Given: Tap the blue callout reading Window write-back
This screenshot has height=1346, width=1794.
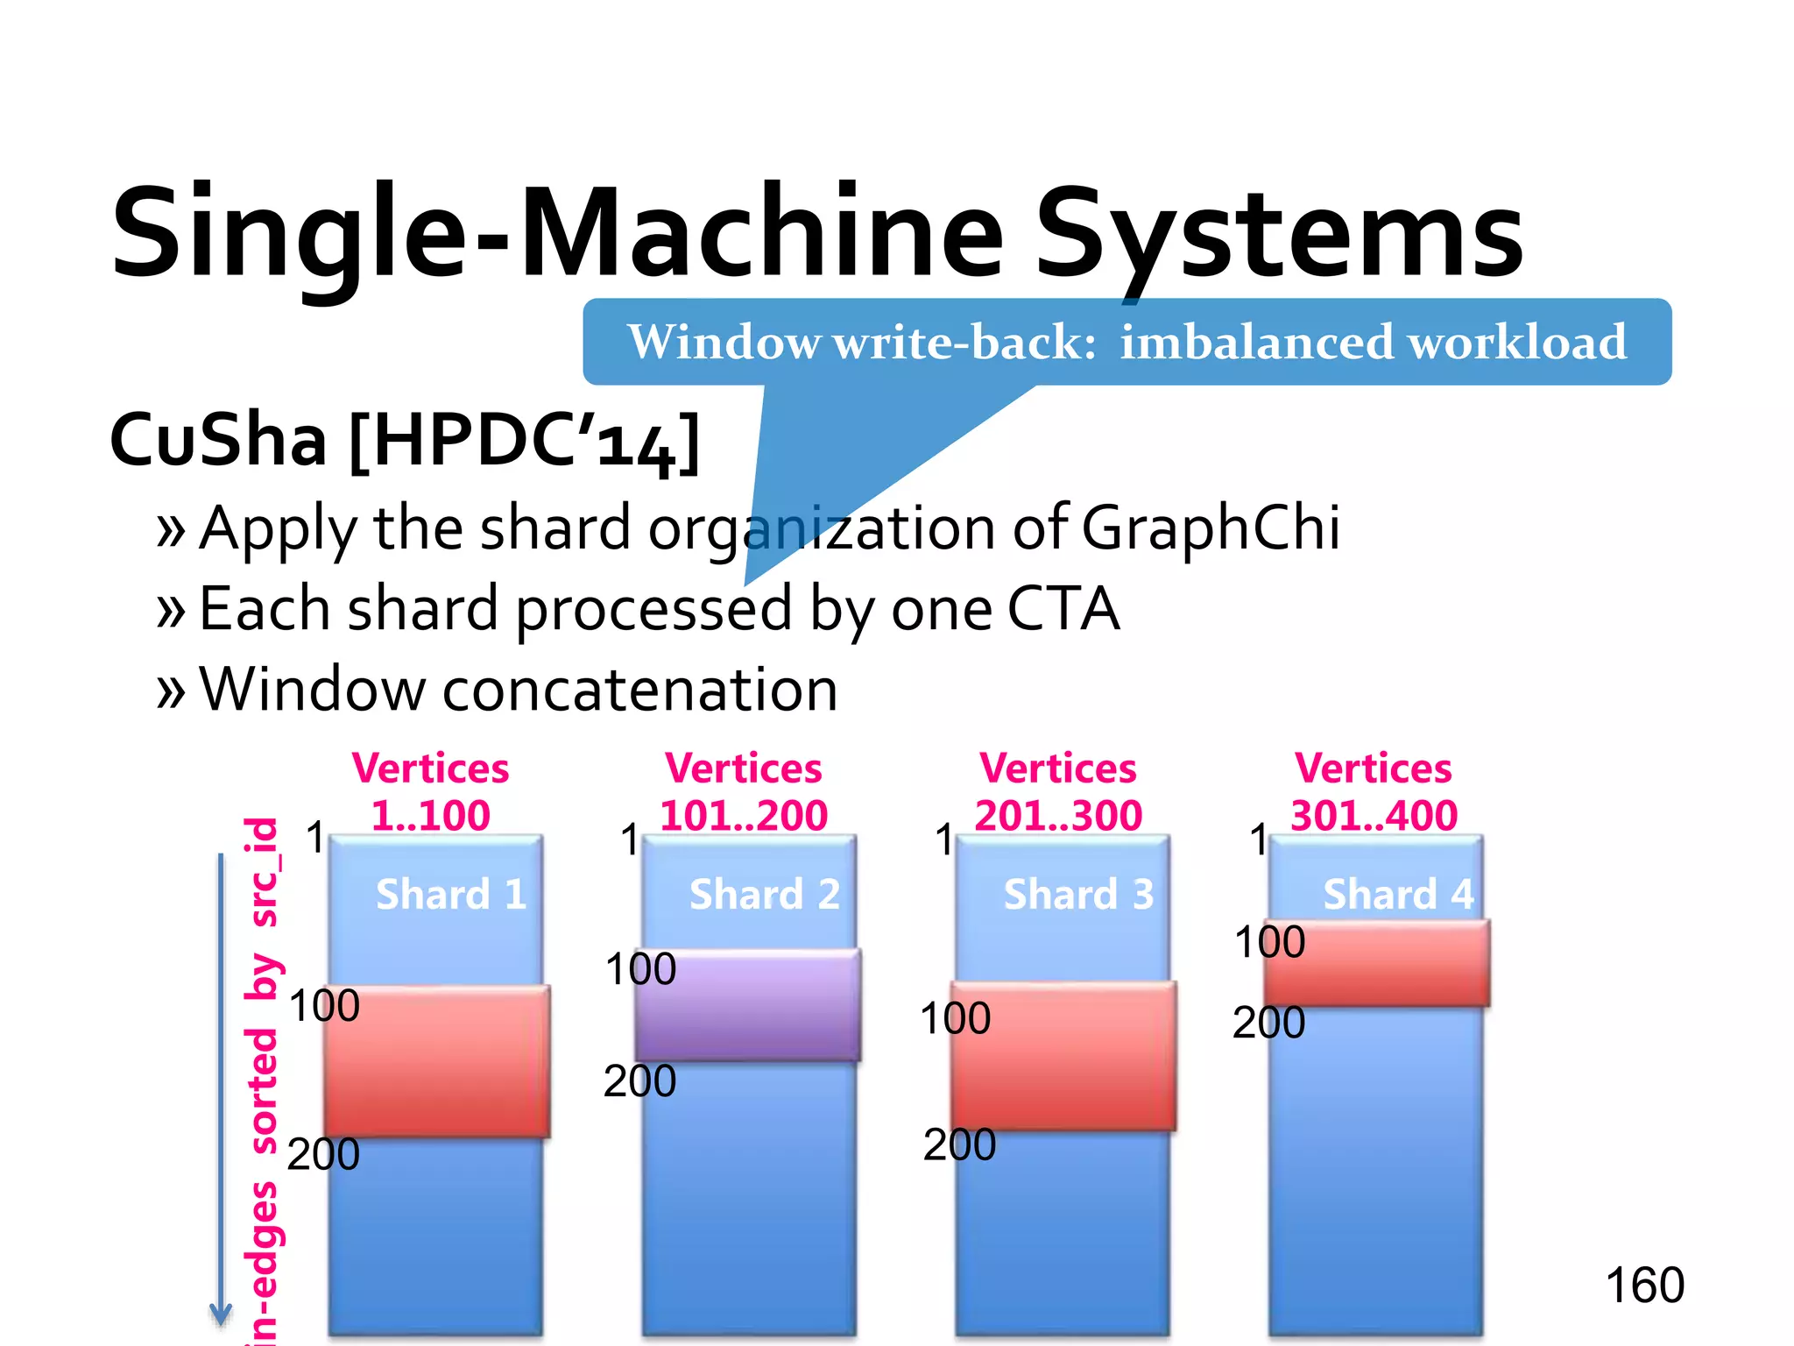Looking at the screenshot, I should click(1127, 342).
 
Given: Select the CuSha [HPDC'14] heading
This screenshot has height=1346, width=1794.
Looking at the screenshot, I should click(405, 440).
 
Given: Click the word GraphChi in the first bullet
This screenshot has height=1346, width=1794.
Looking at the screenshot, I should click(1211, 528).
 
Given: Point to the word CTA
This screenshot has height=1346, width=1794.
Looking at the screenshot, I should click(1063, 608).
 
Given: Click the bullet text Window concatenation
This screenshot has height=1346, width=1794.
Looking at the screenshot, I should click(519, 690).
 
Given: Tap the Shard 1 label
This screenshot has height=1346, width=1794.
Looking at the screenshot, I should click(451, 895).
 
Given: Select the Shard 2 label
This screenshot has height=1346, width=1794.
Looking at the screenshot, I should click(764, 895).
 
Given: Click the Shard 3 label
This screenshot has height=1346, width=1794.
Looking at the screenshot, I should click(1078, 895).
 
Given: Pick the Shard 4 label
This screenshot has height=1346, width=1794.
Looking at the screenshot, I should click(1398, 895).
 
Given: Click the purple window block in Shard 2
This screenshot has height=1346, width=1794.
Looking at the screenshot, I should click(748, 1005).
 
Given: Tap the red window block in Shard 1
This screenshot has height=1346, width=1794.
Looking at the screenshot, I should click(436, 1062).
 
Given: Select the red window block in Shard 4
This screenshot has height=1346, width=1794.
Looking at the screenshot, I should click(1377, 963).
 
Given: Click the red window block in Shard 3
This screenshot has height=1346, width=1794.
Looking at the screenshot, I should click(1063, 1056).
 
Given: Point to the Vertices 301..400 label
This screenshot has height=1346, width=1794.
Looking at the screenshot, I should click(1374, 792).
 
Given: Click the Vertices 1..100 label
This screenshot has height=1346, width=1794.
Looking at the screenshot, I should click(430, 792).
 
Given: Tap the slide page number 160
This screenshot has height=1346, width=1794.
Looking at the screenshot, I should click(1644, 1286).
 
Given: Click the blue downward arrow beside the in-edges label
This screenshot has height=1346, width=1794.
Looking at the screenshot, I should click(221, 1087).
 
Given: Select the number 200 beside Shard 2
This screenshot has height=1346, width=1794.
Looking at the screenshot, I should click(639, 1080).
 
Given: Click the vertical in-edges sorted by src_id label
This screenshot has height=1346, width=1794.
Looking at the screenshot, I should click(262, 1078).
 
